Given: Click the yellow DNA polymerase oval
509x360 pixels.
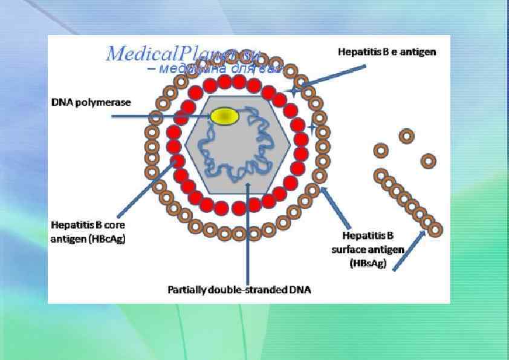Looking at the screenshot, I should pos(224,116).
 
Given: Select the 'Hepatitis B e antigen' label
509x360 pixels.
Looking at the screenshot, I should pos(386,53).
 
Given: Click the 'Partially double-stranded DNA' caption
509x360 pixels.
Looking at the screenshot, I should pos(239,290).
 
